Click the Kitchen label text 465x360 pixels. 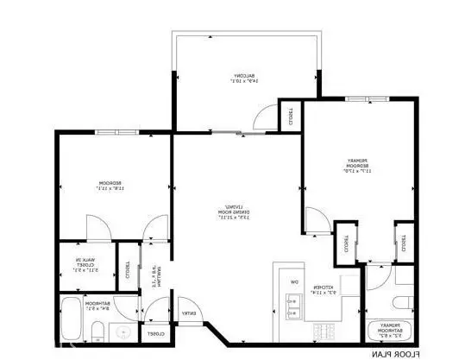click(319, 290)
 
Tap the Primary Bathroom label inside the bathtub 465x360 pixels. click(385, 331)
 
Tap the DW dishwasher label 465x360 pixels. click(293, 281)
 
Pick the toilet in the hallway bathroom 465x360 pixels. click(98, 330)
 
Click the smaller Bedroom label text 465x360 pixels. click(110, 186)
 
